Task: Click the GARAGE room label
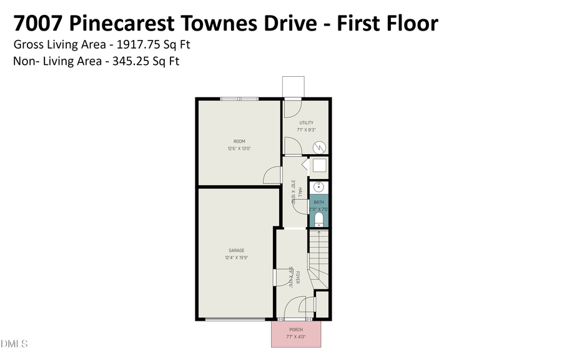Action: click(x=236, y=251)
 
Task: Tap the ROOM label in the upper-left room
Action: click(x=239, y=141)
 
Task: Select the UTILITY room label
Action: click(x=306, y=123)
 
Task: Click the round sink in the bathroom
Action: click(x=319, y=187)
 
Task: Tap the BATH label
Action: click(x=318, y=202)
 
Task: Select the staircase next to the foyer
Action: click(x=318, y=256)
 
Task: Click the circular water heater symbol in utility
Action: click(x=319, y=147)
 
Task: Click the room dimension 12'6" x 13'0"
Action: click(x=239, y=148)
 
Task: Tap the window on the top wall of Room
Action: click(x=239, y=99)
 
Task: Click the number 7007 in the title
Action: click(x=37, y=23)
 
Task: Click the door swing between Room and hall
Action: click(x=272, y=176)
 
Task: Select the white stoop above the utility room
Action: click(x=293, y=86)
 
